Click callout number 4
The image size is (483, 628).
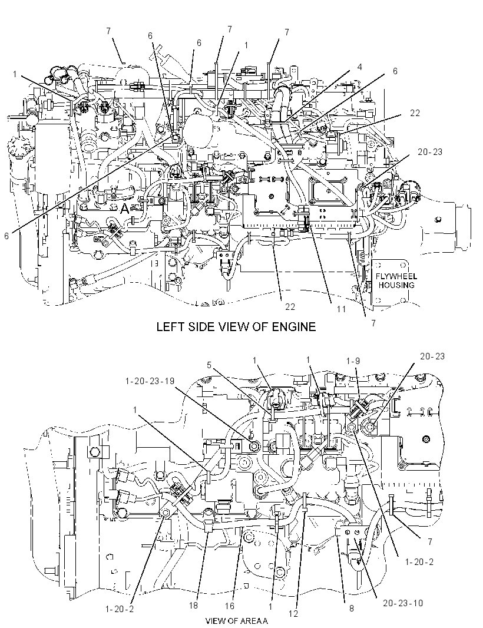click(360, 67)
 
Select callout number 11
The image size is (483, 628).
click(341, 309)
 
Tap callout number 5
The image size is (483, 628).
click(209, 365)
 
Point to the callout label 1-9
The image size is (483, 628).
click(353, 361)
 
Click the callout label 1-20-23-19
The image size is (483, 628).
click(150, 381)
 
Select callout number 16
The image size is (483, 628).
click(230, 606)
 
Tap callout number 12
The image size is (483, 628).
click(293, 614)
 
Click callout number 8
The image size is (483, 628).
click(351, 609)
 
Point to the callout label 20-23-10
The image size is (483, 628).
click(403, 603)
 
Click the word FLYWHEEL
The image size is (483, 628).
click(396, 276)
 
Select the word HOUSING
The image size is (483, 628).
click(396, 285)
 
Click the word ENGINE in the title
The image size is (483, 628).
click(294, 326)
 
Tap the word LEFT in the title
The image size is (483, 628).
click(169, 326)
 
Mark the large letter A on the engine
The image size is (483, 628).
click(125, 209)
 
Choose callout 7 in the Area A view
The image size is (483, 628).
click(430, 541)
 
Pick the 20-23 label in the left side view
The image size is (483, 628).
click(430, 152)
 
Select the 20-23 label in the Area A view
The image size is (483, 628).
click(432, 356)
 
